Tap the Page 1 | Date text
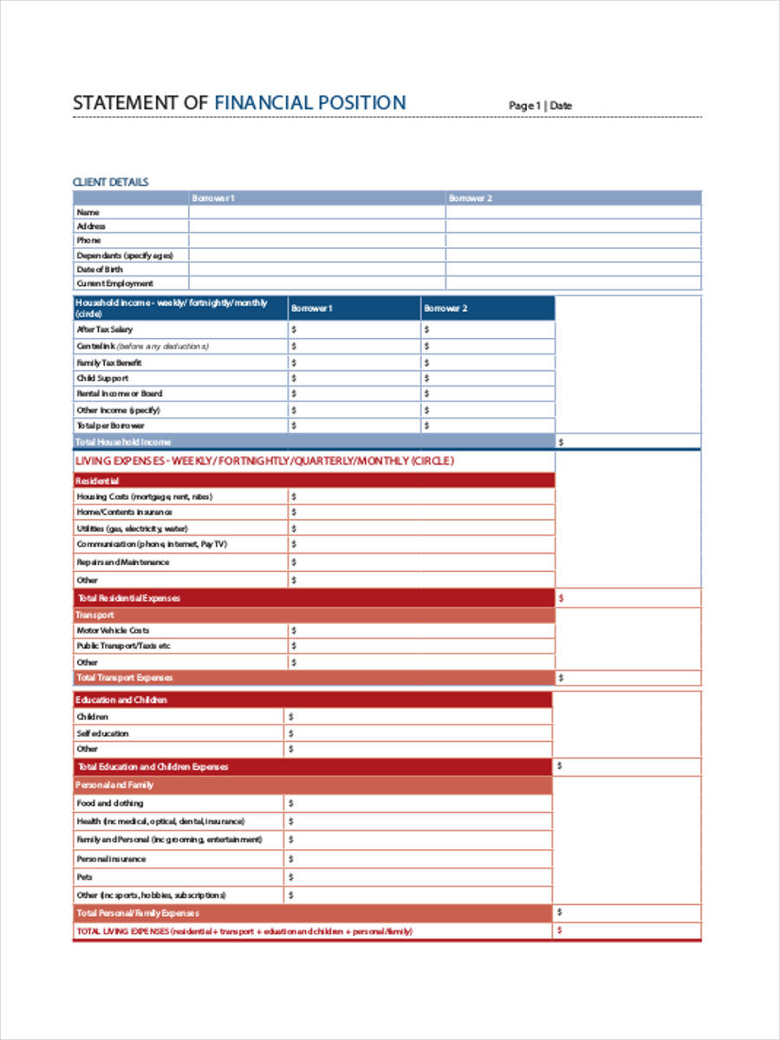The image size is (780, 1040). click(540, 106)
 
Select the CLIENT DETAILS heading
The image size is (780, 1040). click(110, 182)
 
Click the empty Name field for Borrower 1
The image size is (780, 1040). click(316, 212)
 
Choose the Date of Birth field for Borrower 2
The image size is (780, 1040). click(573, 270)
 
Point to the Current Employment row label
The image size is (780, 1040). click(114, 283)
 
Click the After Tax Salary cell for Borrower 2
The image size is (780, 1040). click(488, 329)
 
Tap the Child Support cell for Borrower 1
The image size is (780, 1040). click(354, 379)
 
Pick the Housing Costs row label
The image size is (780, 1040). click(144, 497)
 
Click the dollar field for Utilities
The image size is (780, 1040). click(421, 529)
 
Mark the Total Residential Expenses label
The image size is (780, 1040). click(128, 598)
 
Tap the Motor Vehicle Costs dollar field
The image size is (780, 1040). click(421, 631)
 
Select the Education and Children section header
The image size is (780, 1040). click(121, 699)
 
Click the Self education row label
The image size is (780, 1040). click(102, 733)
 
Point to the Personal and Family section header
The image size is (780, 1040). click(114, 784)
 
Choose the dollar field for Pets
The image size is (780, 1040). click(418, 877)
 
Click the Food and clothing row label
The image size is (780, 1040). click(110, 803)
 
